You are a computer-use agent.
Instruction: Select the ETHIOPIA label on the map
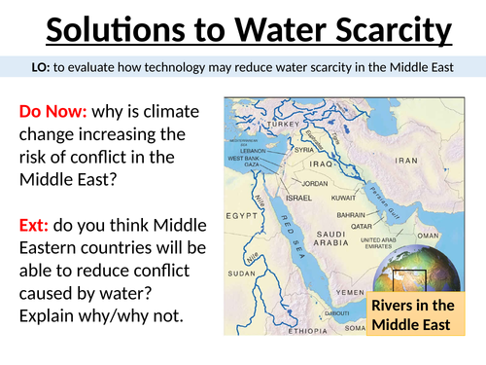click(306, 330)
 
